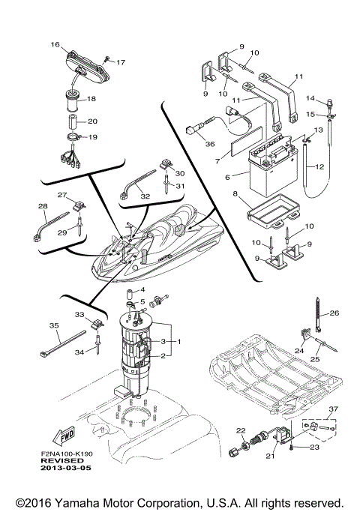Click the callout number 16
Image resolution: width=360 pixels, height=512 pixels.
tap(54, 45)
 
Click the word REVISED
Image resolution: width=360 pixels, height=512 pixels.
tap(61, 462)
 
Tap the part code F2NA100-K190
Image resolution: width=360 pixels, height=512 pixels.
tap(67, 454)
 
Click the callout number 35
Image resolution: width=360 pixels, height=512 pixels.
tap(53, 325)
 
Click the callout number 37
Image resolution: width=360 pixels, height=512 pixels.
tap(333, 409)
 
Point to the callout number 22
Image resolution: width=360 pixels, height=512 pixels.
tap(241, 430)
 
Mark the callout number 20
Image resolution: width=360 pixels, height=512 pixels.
tap(93, 121)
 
